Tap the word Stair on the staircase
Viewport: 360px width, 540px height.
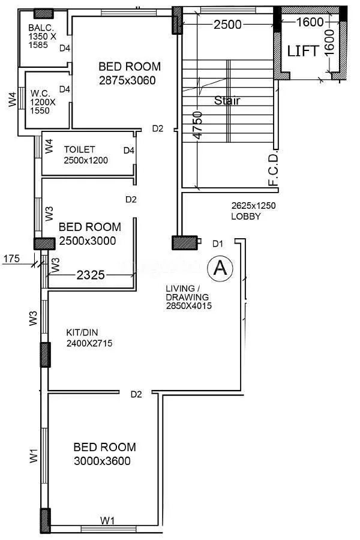point(227,100)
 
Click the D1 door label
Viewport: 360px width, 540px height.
point(218,243)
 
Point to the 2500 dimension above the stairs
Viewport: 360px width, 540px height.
point(227,25)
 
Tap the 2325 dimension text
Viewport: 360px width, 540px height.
point(92,275)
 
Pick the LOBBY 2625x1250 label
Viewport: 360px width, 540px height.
point(253,211)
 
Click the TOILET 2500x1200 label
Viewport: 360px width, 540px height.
point(88,155)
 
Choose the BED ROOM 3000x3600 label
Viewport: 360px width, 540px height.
point(104,454)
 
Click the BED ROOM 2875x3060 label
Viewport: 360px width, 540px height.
point(130,73)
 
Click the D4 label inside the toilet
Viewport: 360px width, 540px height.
point(128,151)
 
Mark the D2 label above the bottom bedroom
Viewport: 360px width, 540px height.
point(137,394)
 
